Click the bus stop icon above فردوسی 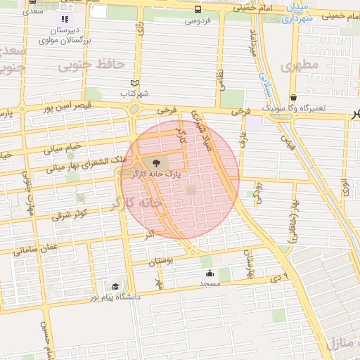[x=198, y=10]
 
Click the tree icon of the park [x=156, y=162]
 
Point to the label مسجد [x=210, y=283]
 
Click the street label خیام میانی [x=63, y=148]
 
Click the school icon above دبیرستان [x=65, y=20]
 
